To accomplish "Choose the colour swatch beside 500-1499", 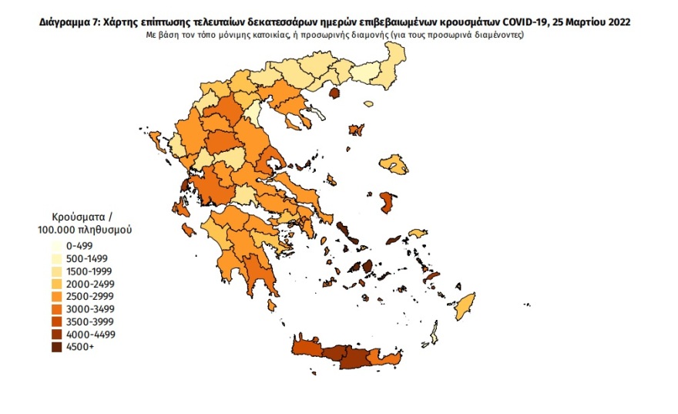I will tap(56, 258).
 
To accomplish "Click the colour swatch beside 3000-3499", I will tap(56, 309).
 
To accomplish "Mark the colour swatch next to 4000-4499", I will tap(56, 335).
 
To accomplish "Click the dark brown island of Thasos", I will tap(335, 93).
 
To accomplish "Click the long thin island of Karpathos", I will tap(434, 335).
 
